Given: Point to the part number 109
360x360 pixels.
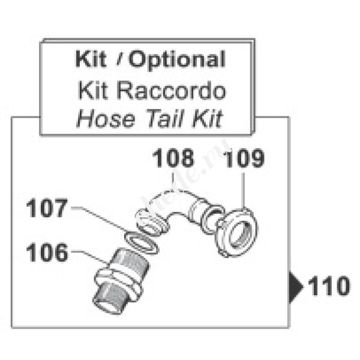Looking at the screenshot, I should [x=244, y=160].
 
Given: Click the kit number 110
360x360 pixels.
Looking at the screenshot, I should [x=329, y=287].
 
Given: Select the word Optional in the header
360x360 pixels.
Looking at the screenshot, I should [x=178, y=60].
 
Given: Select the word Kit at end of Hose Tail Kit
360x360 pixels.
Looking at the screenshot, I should [x=205, y=119].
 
